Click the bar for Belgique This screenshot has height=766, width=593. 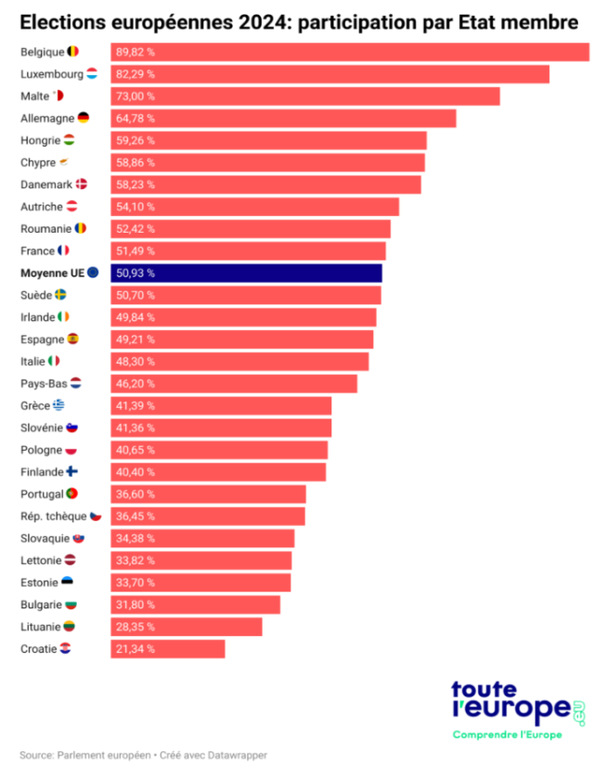tap(350, 52)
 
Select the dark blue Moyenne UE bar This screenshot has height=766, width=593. tap(246, 273)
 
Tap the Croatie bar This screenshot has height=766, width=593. tap(168, 648)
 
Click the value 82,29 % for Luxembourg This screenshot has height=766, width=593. tap(135, 74)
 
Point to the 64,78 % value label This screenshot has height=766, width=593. tap(135, 119)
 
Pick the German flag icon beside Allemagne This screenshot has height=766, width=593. tap(84, 118)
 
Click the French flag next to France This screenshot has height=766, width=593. tap(63, 250)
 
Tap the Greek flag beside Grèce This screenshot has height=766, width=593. tap(59, 405)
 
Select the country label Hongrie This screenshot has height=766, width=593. tap(39, 140)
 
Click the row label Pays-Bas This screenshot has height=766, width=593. tap(44, 383)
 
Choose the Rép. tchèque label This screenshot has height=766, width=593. tap(53, 516)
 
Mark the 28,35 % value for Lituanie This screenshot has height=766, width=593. tap(135, 627)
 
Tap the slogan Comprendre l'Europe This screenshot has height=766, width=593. tap(508, 735)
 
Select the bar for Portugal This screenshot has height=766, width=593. tap(208, 493)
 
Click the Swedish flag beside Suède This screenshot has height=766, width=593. tap(60, 295)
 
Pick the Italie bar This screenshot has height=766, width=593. tap(239, 361)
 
